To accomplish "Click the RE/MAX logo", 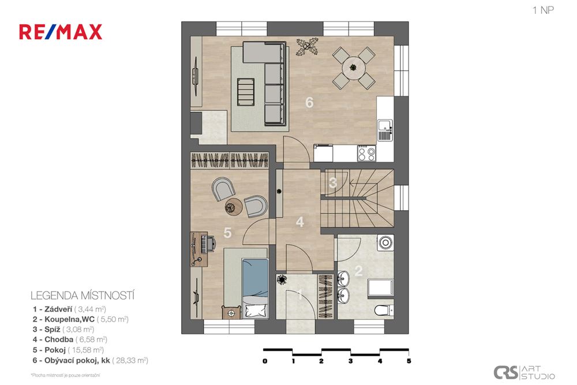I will pos(61,32).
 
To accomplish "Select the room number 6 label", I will pos(309,103).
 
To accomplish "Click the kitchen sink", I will pos(384,124).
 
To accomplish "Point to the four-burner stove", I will pos(366,153).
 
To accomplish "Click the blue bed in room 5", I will pos(254,287).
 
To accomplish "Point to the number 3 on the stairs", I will pos(333,184).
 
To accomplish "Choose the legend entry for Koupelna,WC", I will pos(81,318).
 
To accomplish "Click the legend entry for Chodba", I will pos(70,339).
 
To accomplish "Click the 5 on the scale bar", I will pos(409,361).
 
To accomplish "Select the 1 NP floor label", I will pos(543,9).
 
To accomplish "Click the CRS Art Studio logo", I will pos(524,372).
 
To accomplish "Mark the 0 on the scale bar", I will pos(264,361).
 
